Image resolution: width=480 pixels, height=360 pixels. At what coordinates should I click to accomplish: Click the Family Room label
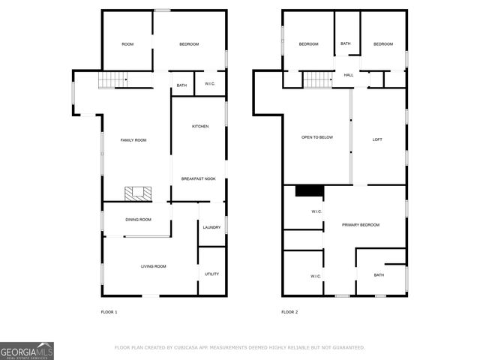point(133,140)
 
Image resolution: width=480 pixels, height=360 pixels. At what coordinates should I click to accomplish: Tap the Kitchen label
point(199,126)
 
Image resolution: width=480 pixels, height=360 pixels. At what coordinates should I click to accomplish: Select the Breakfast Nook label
point(199,178)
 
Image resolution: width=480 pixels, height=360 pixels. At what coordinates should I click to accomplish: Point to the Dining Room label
point(138,220)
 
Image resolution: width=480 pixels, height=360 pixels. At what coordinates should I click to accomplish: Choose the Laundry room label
point(211,227)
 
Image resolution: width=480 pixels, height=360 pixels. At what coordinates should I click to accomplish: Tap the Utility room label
point(212,274)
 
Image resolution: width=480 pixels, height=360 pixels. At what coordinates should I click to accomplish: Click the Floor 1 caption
point(109,312)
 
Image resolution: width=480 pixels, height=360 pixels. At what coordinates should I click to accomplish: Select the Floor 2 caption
point(289,312)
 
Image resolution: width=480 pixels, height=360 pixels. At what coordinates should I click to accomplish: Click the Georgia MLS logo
point(27,351)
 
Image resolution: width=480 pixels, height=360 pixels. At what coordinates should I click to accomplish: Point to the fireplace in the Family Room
point(138,193)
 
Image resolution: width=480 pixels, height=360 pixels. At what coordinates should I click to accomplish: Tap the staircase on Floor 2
point(316,79)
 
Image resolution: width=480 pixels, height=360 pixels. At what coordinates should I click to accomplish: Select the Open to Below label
point(316,138)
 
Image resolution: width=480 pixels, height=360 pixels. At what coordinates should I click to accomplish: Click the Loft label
point(378,138)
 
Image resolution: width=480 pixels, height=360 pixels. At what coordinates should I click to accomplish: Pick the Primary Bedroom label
point(361,225)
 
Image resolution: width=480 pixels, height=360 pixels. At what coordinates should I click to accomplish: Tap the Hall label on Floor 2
point(349,76)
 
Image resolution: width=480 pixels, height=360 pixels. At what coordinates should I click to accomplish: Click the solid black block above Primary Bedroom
point(309,190)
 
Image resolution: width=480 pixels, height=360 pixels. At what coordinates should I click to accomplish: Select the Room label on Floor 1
point(127,44)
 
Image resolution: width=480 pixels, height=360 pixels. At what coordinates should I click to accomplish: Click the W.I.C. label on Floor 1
point(210,83)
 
